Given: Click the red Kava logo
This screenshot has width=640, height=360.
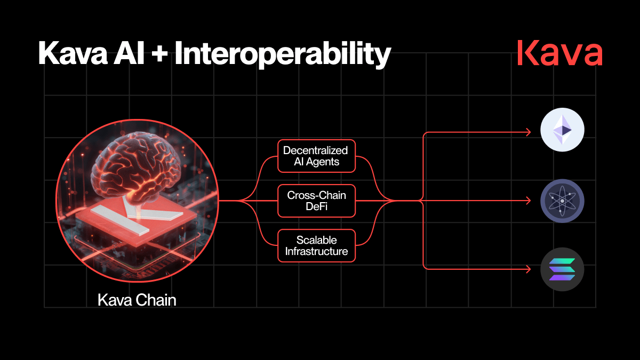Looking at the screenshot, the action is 559,53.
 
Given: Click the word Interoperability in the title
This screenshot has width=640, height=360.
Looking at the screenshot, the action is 283,54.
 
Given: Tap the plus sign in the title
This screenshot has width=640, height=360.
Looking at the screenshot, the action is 159,54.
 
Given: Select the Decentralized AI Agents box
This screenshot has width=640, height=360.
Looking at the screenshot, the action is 317,156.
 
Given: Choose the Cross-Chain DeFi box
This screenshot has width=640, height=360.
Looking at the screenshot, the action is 317,201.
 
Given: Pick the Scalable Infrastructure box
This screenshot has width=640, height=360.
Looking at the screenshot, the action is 317,246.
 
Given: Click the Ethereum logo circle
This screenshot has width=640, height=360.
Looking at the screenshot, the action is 562,130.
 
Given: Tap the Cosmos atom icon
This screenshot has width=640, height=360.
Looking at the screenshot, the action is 562,201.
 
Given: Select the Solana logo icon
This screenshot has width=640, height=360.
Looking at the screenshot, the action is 562,269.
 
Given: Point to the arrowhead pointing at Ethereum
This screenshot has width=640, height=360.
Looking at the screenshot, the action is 529,132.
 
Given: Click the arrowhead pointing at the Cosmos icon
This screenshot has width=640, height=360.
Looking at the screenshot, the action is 529,201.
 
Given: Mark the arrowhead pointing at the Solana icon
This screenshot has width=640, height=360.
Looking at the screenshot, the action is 529,269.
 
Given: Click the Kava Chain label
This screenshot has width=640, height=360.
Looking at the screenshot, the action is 137,300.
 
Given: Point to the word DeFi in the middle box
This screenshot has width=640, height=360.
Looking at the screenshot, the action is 317,206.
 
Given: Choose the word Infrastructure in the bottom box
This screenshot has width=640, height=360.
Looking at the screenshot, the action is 317,251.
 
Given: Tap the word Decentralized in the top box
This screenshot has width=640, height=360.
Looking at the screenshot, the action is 315,150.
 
